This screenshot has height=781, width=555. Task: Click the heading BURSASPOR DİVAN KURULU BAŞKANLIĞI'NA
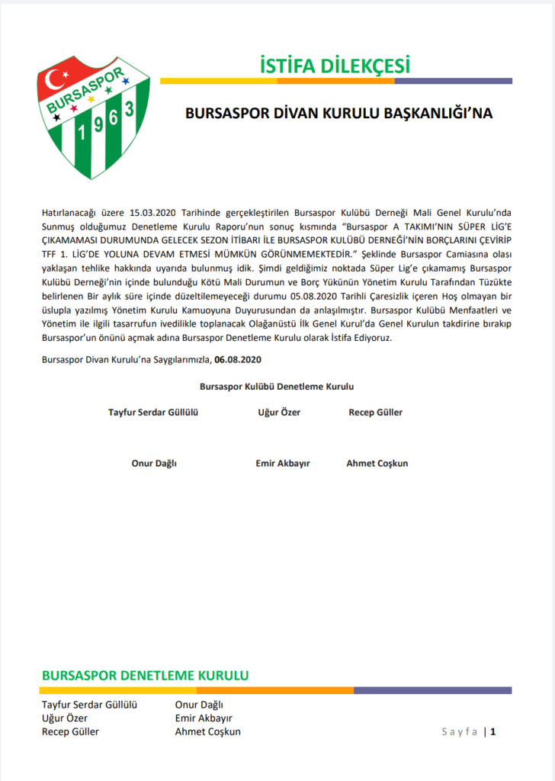point(339,113)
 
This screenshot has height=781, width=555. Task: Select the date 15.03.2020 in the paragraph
point(155,211)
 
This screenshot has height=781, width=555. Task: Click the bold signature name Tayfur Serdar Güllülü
point(153,413)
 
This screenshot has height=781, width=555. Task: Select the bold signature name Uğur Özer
point(279,413)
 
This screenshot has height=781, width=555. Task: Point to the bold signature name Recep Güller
point(375,413)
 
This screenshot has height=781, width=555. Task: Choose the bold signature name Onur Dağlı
point(154,464)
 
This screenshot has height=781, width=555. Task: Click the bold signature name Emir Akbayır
point(283,464)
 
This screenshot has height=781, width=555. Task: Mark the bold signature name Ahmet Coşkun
point(377,464)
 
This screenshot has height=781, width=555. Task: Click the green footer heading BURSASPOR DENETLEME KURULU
point(145,676)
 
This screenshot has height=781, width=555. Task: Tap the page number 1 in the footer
point(493,732)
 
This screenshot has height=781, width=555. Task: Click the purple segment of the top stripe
point(453,81)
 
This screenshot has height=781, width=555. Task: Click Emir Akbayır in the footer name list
point(204,718)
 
